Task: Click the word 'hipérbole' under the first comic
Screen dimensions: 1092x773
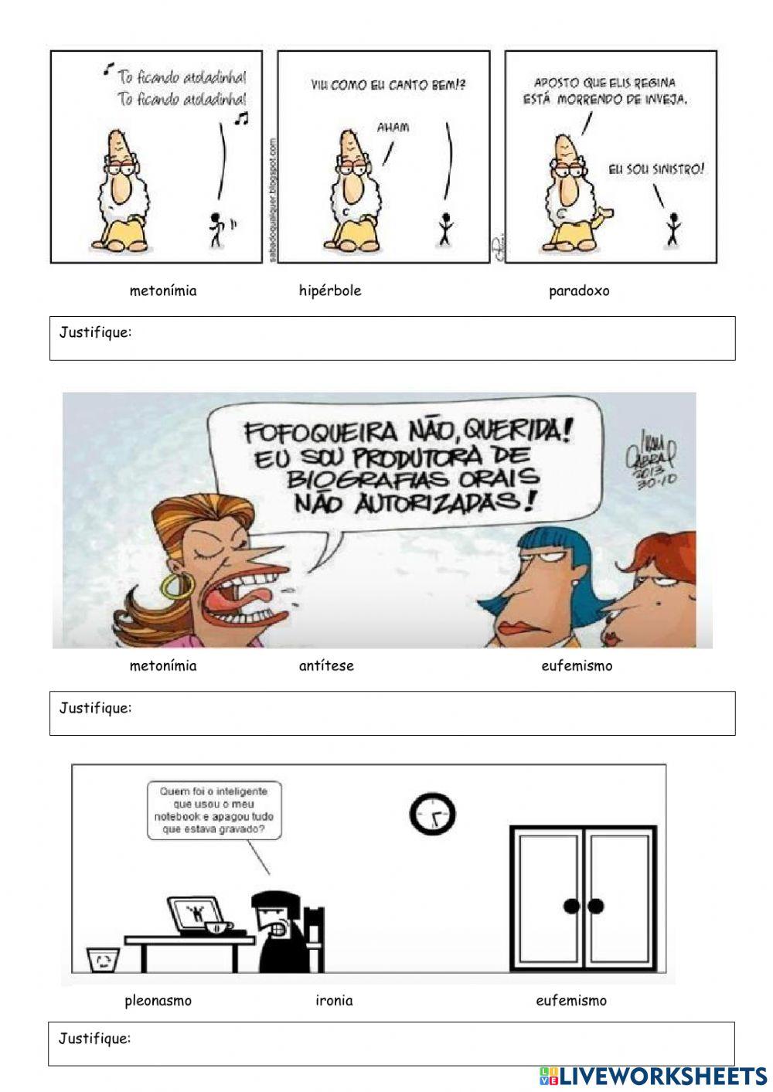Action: pos(330,291)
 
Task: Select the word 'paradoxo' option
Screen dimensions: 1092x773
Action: pos(579,291)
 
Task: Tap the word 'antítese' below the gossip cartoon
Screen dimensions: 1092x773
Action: pos(326,665)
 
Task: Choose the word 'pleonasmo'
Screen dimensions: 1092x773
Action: pos(158,1000)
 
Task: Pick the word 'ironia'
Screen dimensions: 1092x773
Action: pos(334,1000)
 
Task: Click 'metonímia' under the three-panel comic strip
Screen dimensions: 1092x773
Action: pos(163,291)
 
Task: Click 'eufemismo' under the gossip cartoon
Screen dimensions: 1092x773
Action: pos(577,665)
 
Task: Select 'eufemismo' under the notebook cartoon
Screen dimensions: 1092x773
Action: pos(571,1000)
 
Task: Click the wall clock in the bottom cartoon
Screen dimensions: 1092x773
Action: pos(432,814)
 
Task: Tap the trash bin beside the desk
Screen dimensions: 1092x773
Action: pos(102,959)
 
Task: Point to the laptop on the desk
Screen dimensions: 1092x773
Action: pos(192,915)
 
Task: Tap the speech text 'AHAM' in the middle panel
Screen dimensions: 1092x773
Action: pos(393,127)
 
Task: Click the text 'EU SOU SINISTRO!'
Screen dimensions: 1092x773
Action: pos(656,168)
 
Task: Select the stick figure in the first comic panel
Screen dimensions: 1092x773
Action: pos(217,229)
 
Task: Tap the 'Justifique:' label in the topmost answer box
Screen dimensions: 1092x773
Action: pos(95,332)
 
